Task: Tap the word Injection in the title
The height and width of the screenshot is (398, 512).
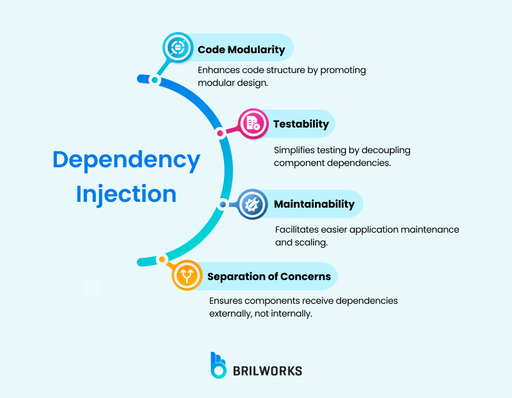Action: (x=126, y=193)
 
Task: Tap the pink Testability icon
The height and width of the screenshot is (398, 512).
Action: (x=253, y=124)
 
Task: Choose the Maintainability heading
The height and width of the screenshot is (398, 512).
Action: (x=314, y=204)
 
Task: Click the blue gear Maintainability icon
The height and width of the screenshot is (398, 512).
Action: (x=252, y=205)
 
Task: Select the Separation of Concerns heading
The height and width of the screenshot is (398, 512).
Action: (x=269, y=276)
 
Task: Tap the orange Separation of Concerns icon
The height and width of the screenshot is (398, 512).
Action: (x=188, y=276)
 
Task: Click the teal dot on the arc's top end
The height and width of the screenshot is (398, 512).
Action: (x=154, y=80)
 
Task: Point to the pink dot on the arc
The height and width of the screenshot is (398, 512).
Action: (x=220, y=133)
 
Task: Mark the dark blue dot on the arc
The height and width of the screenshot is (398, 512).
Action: (x=223, y=204)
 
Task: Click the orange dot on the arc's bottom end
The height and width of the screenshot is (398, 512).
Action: (x=162, y=260)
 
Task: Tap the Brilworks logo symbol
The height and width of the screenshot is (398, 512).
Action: (x=219, y=365)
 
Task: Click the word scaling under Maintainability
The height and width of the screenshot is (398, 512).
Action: (x=310, y=242)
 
